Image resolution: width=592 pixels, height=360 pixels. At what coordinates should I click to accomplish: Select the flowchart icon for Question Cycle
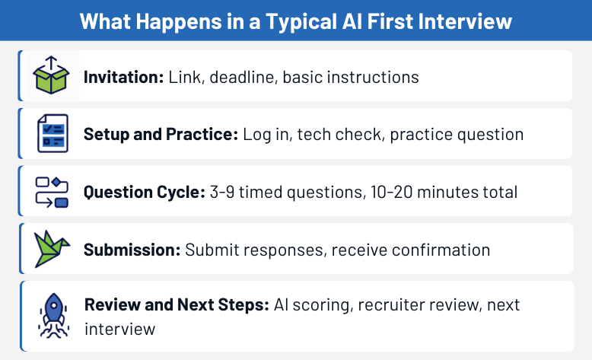pos(52,191)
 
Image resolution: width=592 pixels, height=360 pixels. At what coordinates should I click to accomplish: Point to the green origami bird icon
pos(52,248)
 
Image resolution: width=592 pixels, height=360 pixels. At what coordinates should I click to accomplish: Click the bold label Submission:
pos(131,249)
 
